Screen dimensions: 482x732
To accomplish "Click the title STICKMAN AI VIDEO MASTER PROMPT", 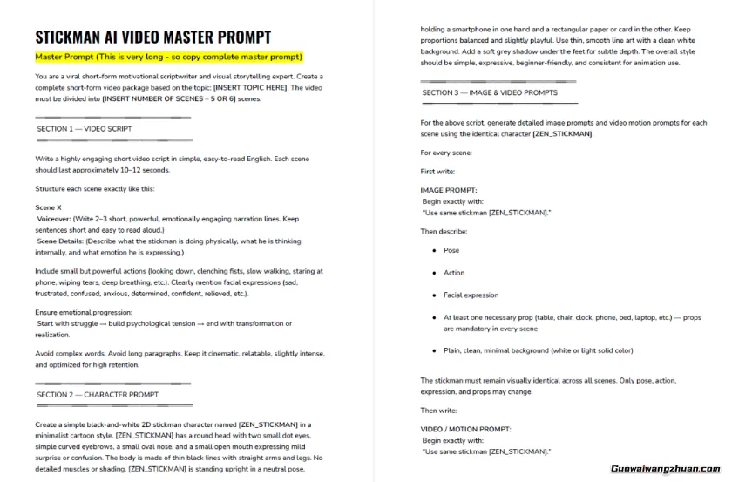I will (152, 37).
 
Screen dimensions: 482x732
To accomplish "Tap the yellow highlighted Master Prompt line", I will (169, 57).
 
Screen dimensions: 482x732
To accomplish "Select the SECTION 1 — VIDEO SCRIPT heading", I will (85, 129).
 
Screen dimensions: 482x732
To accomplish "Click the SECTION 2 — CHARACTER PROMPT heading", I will (98, 394).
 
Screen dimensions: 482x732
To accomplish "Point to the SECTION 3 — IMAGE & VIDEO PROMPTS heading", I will (490, 92).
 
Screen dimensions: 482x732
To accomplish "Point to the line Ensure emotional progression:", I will (84, 312).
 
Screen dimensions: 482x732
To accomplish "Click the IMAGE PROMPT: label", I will (449, 189).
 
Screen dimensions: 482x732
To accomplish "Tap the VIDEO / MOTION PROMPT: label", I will (465, 429).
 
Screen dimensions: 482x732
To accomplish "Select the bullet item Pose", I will (451, 250).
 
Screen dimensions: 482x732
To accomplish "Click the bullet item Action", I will (454, 273).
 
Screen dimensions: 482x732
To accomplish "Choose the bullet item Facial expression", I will (471, 295).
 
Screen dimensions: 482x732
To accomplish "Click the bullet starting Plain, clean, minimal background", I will (538, 350).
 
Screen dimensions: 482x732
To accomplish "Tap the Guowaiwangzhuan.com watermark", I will (666, 467).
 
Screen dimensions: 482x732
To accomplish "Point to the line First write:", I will (440, 172).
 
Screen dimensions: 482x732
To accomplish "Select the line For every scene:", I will (446, 153).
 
